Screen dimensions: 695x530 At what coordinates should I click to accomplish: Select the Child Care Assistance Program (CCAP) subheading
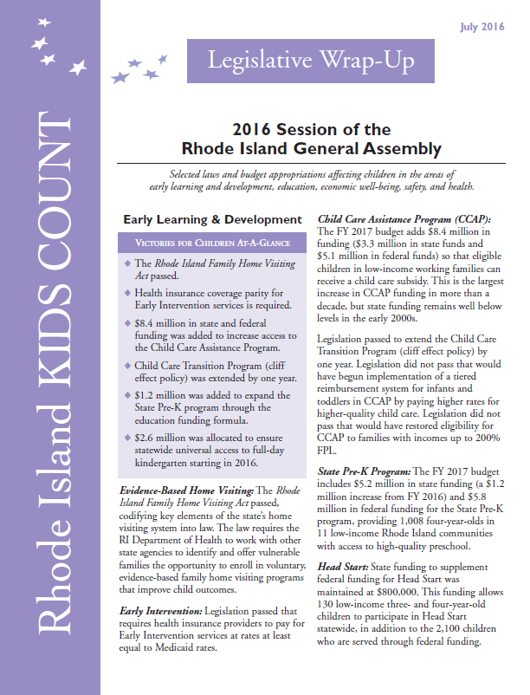[x=405, y=219]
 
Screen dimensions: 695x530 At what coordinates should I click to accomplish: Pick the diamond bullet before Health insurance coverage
[x=127, y=294]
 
